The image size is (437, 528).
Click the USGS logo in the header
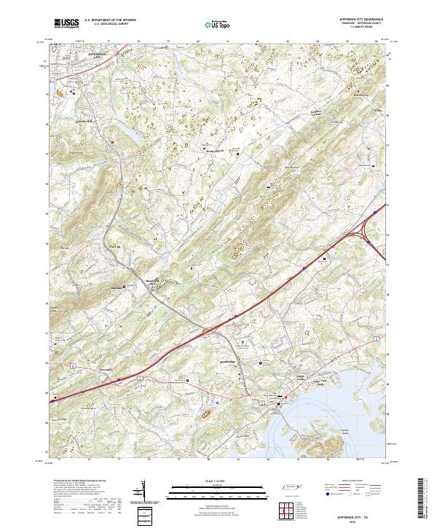[x=67, y=23]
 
